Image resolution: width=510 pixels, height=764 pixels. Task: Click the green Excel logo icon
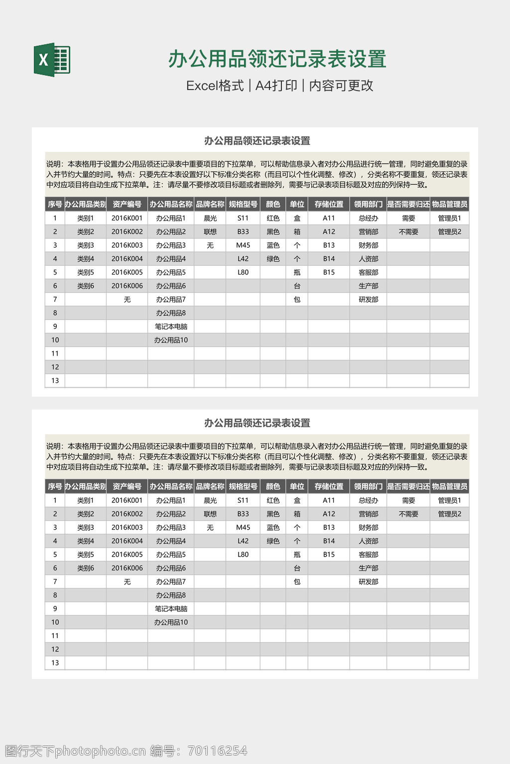[x=52, y=60]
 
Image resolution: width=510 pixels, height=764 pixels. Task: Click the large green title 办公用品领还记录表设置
[x=277, y=59]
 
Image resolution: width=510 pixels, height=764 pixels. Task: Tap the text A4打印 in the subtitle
[x=276, y=86]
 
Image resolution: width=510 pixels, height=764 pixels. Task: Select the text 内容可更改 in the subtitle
[x=341, y=86]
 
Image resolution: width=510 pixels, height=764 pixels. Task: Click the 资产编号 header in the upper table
[x=127, y=204]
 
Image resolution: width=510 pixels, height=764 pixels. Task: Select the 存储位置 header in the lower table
[x=329, y=486]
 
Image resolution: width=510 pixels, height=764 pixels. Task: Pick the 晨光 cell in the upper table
[x=210, y=218]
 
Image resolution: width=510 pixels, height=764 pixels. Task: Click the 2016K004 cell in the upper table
[x=127, y=259]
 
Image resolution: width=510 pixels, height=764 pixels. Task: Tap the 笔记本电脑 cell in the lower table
[x=171, y=609]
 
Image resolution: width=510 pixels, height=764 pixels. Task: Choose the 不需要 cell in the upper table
[x=408, y=232]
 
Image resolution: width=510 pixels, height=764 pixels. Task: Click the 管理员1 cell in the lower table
[x=449, y=500]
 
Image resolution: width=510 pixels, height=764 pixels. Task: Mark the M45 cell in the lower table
[x=243, y=527]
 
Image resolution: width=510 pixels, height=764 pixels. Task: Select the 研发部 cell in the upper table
[x=368, y=299]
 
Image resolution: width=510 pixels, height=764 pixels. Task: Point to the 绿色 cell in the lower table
[x=273, y=541]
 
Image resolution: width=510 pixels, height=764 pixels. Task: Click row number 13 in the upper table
[x=55, y=381]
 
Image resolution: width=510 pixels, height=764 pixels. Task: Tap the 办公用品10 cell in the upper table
[x=171, y=340]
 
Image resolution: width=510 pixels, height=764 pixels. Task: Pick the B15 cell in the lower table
[x=329, y=555]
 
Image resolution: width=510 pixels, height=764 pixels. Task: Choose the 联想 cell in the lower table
[x=210, y=514]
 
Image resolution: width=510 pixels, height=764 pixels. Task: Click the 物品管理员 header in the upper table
[x=449, y=204]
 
